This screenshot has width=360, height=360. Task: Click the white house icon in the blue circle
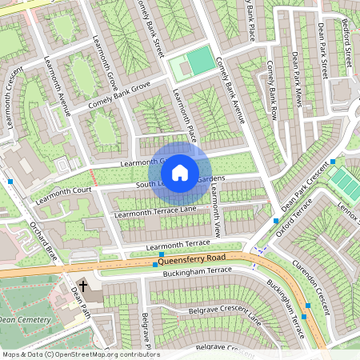coord(180,172)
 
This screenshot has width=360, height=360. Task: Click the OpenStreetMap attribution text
coord(80,354)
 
